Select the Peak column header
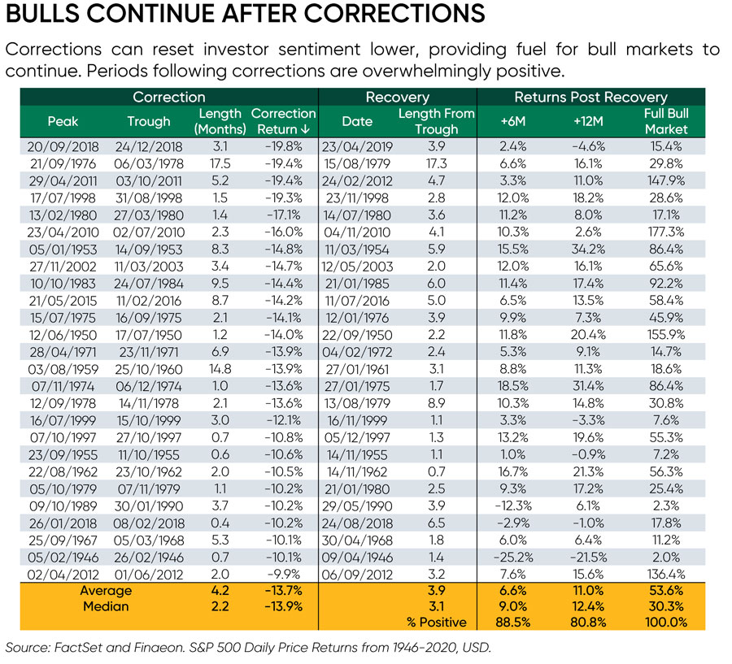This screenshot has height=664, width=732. click(x=63, y=121)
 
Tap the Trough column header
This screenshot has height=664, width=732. click(x=149, y=121)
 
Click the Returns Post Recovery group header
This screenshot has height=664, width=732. click(x=590, y=98)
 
